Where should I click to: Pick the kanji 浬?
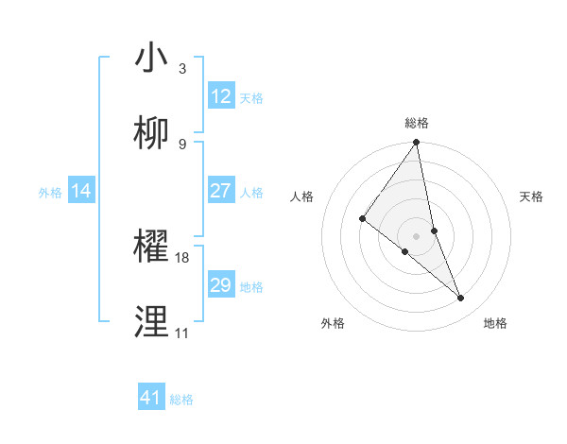pos(151,321)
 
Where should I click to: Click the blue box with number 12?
pos(221,96)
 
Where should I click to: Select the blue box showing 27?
pos(221,191)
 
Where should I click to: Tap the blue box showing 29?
pos(221,285)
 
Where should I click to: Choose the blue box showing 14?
pos(81,191)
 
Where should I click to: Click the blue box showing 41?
pos(151,398)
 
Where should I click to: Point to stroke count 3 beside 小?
pos(182,68)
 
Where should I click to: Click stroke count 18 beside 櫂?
pos(182,257)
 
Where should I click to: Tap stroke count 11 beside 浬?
pos(181,333)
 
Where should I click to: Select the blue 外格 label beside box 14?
pos(50,192)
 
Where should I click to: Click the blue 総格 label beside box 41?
pos(181,399)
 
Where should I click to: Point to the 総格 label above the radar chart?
pos(417,123)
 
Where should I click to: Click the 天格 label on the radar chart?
pos(532,196)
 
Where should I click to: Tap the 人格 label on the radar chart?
pos(302,196)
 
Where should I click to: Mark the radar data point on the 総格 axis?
pos(417,143)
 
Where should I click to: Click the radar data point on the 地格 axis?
pos(461,299)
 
